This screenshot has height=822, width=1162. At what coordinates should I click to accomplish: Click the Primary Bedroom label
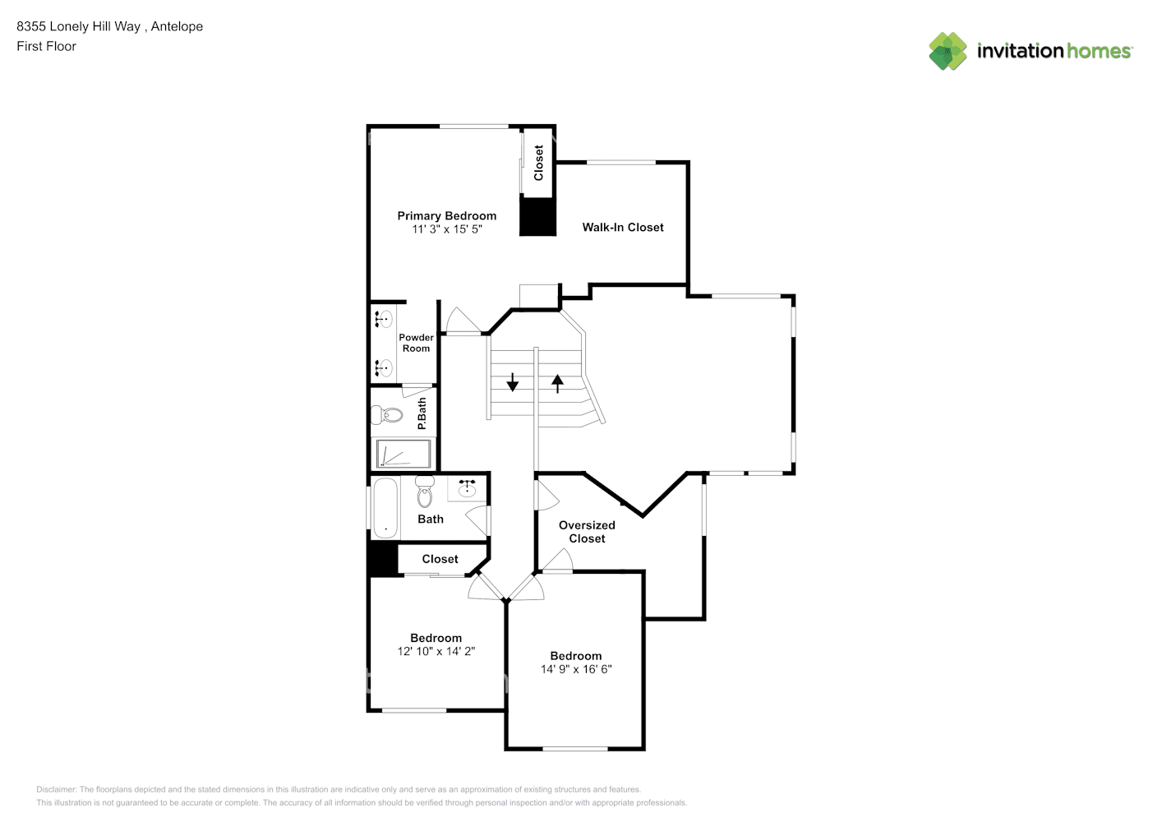[446, 215]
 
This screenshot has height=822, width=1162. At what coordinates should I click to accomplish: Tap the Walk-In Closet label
[622, 227]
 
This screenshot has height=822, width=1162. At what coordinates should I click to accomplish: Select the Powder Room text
[416, 343]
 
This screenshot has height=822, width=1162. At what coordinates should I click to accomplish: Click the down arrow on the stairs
[512, 382]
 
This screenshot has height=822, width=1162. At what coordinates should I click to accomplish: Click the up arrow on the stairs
[557, 382]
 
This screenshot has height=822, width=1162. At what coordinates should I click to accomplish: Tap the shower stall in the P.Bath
[403, 454]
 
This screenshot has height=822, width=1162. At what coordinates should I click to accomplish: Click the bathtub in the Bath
[385, 506]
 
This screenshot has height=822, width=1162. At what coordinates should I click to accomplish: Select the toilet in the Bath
[424, 492]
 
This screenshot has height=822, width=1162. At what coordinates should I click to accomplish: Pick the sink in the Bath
[467, 489]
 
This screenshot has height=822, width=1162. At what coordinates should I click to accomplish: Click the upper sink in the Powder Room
[384, 319]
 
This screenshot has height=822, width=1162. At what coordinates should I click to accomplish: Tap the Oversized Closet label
[587, 532]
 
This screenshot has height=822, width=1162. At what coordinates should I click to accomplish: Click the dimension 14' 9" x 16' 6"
[575, 669]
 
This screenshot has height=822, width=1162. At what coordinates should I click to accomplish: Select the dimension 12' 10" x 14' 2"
[436, 651]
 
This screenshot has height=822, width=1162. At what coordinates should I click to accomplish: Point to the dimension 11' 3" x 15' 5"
[446, 229]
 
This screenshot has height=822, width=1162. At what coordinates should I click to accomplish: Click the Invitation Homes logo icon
[948, 51]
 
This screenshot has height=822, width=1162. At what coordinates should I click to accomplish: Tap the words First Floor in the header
[46, 46]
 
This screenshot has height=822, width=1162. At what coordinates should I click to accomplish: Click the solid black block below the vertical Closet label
[537, 217]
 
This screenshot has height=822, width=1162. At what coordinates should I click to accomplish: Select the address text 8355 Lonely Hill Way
[79, 26]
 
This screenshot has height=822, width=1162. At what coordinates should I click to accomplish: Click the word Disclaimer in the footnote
[56, 789]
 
